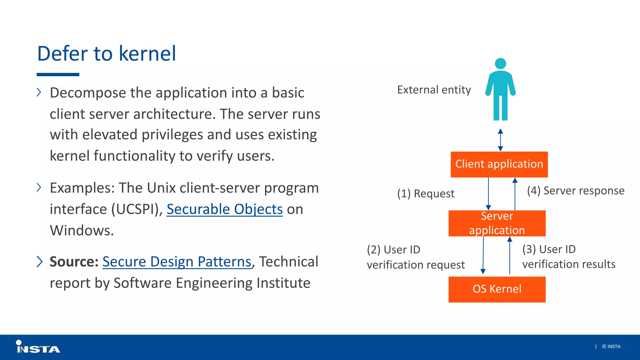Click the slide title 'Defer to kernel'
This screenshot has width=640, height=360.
[x=107, y=53]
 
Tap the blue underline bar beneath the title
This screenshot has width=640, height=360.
[x=58, y=75]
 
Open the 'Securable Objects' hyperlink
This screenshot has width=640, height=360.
[x=224, y=209]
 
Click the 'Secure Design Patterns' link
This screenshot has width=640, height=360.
[x=177, y=262]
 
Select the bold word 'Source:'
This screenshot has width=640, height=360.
[x=74, y=262]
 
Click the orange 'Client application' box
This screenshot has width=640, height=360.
[x=499, y=164]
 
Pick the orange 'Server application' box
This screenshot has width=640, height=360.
[x=497, y=223]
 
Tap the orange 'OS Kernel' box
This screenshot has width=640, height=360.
[x=497, y=289]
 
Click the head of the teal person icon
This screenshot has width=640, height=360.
[x=500, y=63]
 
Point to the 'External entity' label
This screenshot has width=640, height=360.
[x=434, y=90]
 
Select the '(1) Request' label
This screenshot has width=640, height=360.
[x=426, y=193]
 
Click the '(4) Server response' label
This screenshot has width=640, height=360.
[x=576, y=191]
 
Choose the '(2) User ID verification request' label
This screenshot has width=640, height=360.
[x=416, y=257]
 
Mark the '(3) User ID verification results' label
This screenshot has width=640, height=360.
[x=569, y=257]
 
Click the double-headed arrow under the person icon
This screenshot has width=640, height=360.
[x=500, y=140]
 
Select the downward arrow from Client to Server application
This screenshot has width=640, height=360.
[x=488, y=194]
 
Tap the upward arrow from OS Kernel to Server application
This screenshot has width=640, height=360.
[x=510, y=256]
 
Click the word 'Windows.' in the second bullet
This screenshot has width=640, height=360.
[x=82, y=230]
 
